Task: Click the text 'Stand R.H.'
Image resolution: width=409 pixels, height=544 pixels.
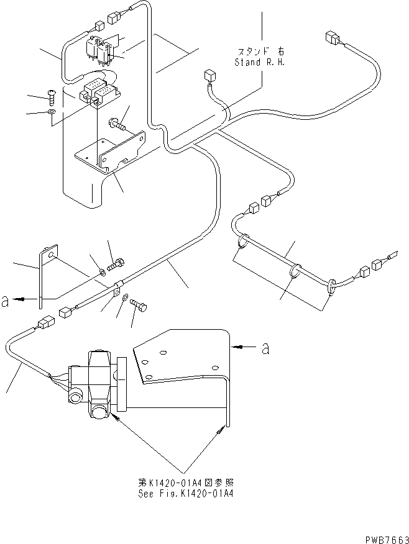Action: pyautogui.click(x=259, y=62)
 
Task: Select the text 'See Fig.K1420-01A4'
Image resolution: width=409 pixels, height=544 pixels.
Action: pyautogui.click(x=187, y=494)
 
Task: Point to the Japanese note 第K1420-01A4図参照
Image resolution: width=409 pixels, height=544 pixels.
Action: pyautogui.click(x=187, y=483)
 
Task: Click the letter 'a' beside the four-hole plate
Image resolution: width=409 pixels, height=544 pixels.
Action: pyautogui.click(x=265, y=348)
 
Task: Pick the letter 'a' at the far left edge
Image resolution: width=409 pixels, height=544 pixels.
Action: pyautogui.click(x=5, y=301)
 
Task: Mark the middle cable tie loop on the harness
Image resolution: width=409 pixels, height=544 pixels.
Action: pyautogui.click(x=295, y=271)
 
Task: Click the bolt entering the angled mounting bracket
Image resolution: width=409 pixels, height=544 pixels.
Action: pyautogui.click(x=117, y=127)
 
